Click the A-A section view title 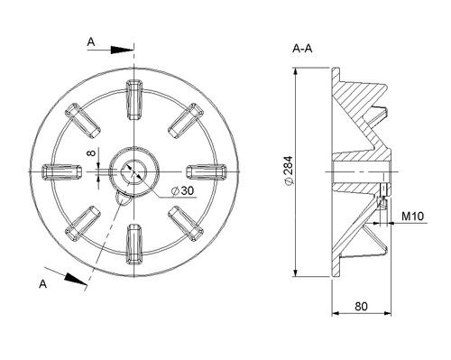(x=302, y=49)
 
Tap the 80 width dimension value (x=361, y=306)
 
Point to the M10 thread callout (x=413, y=216)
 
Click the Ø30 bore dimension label (x=182, y=190)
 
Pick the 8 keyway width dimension (x=91, y=153)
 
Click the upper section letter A (x=91, y=42)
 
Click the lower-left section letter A (x=43, y=283)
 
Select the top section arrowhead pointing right (x=122, y=50)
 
